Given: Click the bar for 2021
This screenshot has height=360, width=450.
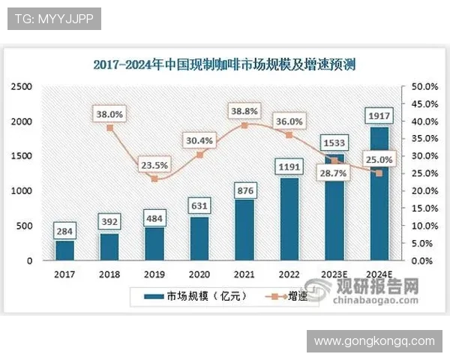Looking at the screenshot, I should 244,229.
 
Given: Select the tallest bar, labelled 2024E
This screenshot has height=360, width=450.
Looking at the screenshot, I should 379,193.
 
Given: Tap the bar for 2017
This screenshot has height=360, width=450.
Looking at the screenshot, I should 64,250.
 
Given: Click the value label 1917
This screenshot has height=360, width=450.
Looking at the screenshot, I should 379,115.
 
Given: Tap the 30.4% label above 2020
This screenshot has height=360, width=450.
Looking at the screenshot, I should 199,140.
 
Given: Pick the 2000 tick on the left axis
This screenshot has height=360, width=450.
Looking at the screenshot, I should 21,121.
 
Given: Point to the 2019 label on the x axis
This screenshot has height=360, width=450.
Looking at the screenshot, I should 154,274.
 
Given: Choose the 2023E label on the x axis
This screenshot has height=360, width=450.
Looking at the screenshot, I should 334,274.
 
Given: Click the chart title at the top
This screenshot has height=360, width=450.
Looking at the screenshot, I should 225,64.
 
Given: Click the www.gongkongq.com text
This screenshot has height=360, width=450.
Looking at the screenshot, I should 374,341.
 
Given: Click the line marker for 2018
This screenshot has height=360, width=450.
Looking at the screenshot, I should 109,127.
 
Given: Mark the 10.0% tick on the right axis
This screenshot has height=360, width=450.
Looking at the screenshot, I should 419,226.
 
